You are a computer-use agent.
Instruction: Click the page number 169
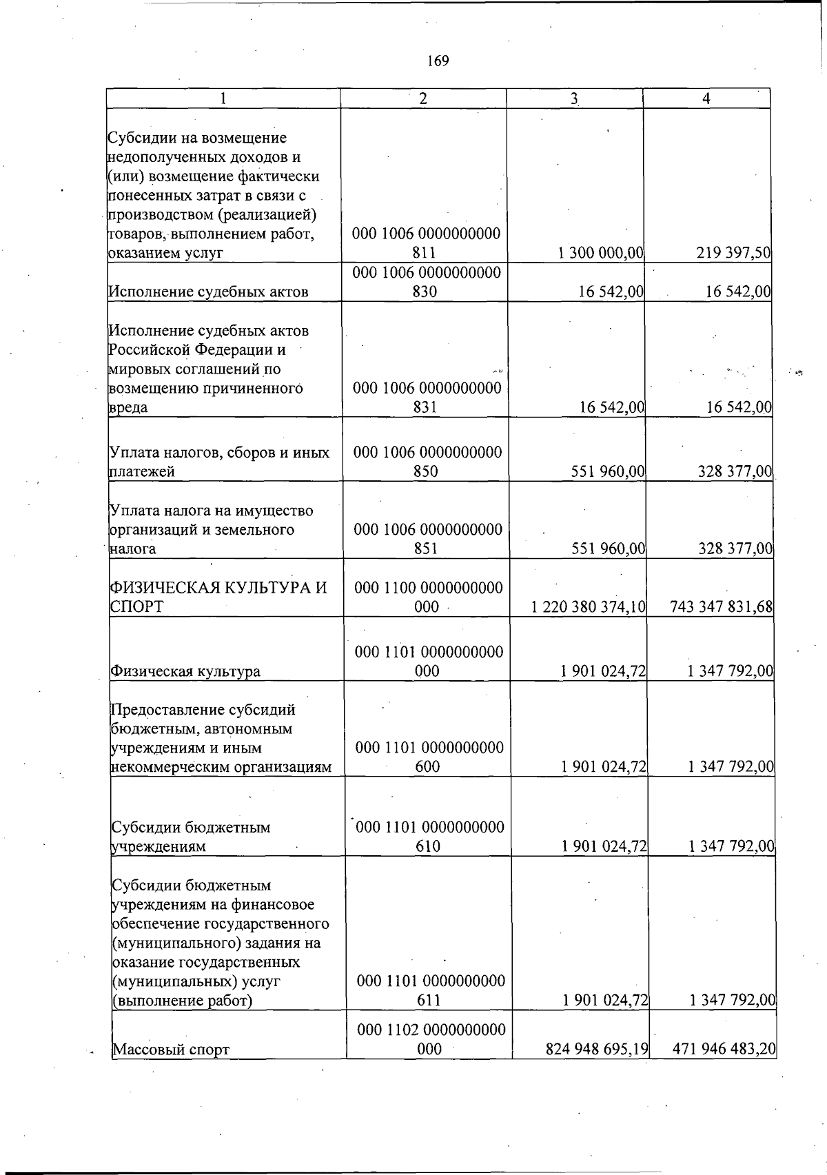(438, 61)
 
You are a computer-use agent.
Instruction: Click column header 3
(574, 99)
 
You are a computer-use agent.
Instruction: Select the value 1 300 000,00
(601, 253)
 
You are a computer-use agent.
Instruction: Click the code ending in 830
(426, 282)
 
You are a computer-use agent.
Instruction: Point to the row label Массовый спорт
(171, 1050)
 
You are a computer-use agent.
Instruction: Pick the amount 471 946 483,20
(724, 1050)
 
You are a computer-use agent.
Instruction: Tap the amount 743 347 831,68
(721, 607)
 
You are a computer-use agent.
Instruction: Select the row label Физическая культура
(185, 671)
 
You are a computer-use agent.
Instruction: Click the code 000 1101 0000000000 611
(430, 990)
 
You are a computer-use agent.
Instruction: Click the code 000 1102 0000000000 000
(431, 1039)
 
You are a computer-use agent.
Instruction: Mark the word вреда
(128, 407)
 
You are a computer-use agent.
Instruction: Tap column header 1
(223, 99)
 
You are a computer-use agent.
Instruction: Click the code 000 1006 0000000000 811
(426, 243)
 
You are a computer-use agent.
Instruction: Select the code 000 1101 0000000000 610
(429, 836)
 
